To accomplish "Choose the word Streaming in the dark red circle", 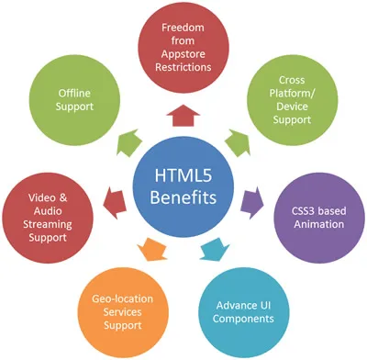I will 47,221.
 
